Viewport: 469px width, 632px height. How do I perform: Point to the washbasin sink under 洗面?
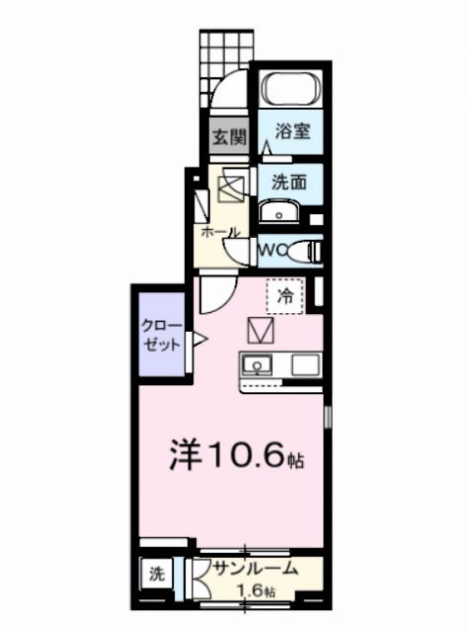[x=280, y=212]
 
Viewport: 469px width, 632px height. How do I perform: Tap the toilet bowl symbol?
[x=304, y=251]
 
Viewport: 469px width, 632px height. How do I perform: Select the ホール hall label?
[x=219, y=233]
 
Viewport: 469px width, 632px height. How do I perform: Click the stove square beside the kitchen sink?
[x=305, y=364]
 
